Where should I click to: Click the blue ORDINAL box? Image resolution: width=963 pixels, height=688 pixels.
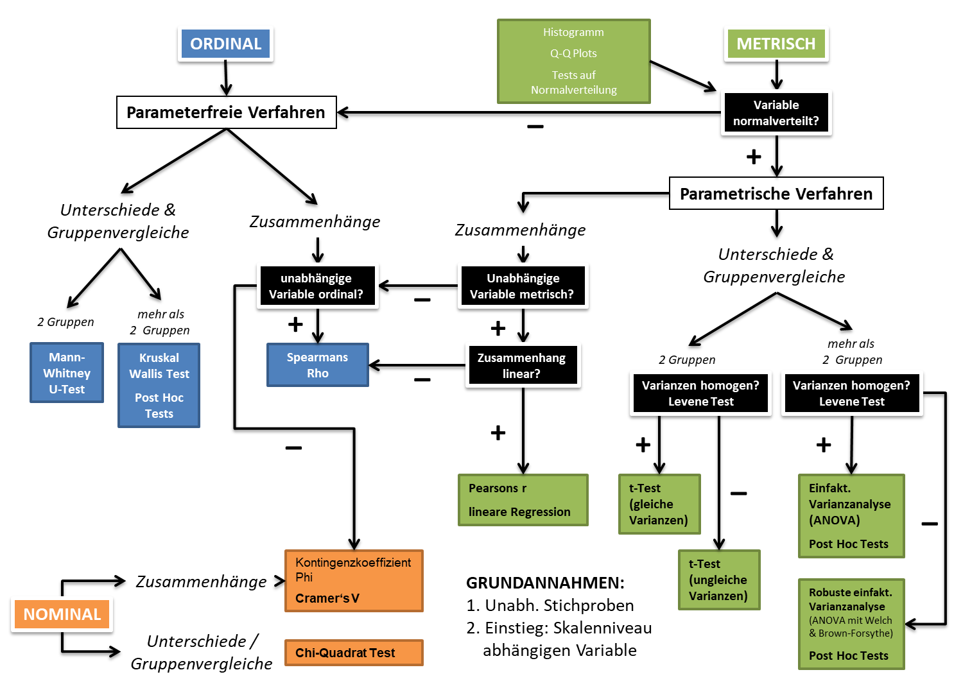click(x=225, y=44)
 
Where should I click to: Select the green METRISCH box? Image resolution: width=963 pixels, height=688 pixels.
click(x=776, y=44)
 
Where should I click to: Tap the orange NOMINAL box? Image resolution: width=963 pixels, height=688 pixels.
click(x=62, y=614)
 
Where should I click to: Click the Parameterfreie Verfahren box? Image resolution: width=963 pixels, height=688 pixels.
click(x=226, y=112)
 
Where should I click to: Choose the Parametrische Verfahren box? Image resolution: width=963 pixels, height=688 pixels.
click(x=776, y=193)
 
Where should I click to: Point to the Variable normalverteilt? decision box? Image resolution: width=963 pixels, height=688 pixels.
click(x=776, y=113)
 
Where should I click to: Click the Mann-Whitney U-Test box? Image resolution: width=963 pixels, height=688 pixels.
click(x=67, y=373)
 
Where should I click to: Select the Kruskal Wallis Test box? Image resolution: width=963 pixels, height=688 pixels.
click(x=159, y=385)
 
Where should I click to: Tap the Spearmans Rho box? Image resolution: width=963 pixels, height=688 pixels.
click(x=317, y=365)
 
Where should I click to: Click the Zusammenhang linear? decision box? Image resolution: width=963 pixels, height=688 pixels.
click(x=521, y=366)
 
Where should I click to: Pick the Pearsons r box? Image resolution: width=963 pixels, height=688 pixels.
click(x=523, y=500)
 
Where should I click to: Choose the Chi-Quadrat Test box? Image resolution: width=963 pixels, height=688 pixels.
click(x=354, y=653)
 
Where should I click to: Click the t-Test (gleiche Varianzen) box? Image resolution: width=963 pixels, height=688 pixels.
click(x=659, y=504)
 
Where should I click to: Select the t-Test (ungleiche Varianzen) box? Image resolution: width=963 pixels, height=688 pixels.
click(x=718, y=580)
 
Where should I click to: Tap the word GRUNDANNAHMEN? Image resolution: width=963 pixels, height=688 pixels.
click(x=544, y=583)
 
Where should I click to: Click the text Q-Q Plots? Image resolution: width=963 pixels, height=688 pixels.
click(x=573, y=53)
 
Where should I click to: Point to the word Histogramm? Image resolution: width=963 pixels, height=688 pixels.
click(x=573, y=32)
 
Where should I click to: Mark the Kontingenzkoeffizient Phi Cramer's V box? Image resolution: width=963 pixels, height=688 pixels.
click(x=354, y=580)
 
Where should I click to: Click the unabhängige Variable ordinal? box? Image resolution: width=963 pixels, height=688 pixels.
click(x=317, y=286)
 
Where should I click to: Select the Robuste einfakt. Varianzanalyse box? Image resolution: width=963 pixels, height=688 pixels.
click(x=851, y=624)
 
